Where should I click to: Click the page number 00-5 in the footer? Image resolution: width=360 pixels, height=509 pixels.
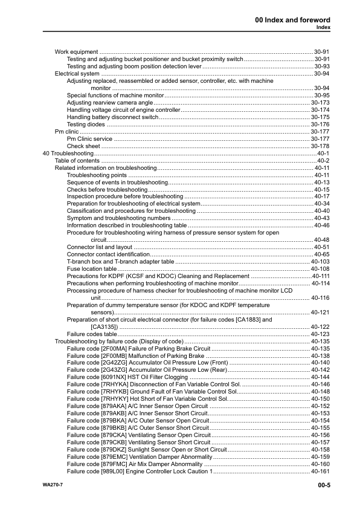point(321,485)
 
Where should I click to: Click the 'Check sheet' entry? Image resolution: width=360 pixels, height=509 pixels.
point(83,146)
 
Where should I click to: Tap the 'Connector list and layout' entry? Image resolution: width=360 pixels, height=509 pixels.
point(99,247)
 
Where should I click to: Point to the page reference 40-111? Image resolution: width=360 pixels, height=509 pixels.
point(320,276)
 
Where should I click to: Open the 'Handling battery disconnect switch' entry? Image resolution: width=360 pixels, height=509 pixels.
point(112,117)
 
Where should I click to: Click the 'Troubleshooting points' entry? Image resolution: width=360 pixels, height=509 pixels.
point(97,175)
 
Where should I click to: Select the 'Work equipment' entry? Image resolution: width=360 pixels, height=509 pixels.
point(76,52)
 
